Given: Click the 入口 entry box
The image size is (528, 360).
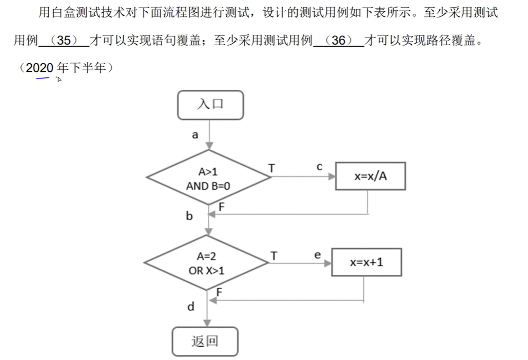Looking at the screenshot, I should [x=210, y=105].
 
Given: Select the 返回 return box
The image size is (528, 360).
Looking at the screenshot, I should [x=205, y=341].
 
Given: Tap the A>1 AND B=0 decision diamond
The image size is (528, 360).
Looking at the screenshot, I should [x=208, y=178].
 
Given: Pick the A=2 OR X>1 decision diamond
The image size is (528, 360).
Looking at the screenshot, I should [x=207, y=263].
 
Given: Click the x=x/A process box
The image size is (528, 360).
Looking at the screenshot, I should [x=370, y=176].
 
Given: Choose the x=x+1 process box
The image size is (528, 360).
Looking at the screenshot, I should [x=366, y=262].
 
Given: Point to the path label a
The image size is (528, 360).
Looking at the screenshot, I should [x=195, y=135].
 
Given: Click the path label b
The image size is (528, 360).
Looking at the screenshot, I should [x=189, y=216].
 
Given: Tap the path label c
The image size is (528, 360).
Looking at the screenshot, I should [x=319, y=167].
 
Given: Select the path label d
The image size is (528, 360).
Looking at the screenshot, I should [x=190, y=307].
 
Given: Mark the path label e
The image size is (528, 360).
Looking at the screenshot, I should [x=317, y=254].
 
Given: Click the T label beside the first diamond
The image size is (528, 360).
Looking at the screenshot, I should [x=271, y=168].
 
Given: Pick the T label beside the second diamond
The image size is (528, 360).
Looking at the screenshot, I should [x=274, y=255].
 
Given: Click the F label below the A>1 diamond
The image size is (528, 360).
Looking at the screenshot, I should [x=222, y=207].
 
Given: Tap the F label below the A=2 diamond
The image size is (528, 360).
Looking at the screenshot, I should [x=219, y=292].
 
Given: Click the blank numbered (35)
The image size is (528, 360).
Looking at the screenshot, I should [x=64, y=41].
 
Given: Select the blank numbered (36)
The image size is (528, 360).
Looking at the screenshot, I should [x=338, y=41].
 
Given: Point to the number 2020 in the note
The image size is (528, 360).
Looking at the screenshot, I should [x=40, y=68].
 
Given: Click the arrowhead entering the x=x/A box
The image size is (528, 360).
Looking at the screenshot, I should [x=331, y=176].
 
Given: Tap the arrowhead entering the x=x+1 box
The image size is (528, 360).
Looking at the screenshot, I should [x=328, y=263].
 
